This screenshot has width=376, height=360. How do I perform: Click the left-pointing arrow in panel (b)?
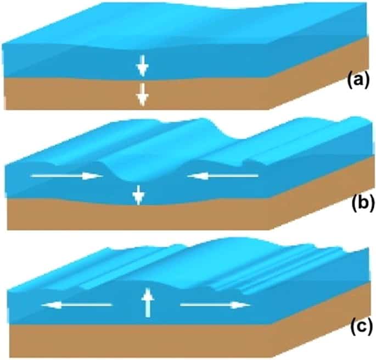click(x=222, y=176)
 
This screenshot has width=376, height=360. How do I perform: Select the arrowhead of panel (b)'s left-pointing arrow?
click(x=193, y=176)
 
